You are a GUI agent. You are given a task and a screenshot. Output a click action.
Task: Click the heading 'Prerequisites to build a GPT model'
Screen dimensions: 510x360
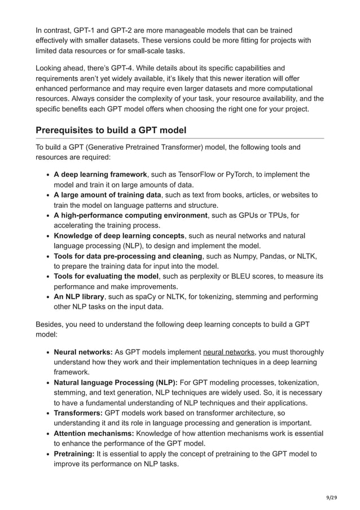click(111, 130)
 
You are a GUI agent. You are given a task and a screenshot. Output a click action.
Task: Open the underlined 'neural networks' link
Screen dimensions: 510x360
click(229, 352)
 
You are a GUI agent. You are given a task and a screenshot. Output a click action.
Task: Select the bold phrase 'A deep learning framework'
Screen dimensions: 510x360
click(100, 175)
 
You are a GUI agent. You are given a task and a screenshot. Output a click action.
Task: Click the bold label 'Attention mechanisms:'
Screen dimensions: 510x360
click(94, 433)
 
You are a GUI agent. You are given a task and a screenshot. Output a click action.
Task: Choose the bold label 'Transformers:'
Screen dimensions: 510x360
click(78, 413)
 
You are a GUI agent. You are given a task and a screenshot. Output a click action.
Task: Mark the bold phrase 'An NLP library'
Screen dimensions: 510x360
click(79, 297)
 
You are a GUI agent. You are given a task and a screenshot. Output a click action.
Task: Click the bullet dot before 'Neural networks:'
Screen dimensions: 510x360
click(47, 352)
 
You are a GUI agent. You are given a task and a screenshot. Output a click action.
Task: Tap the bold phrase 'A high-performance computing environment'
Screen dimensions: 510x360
click(130, 215)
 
